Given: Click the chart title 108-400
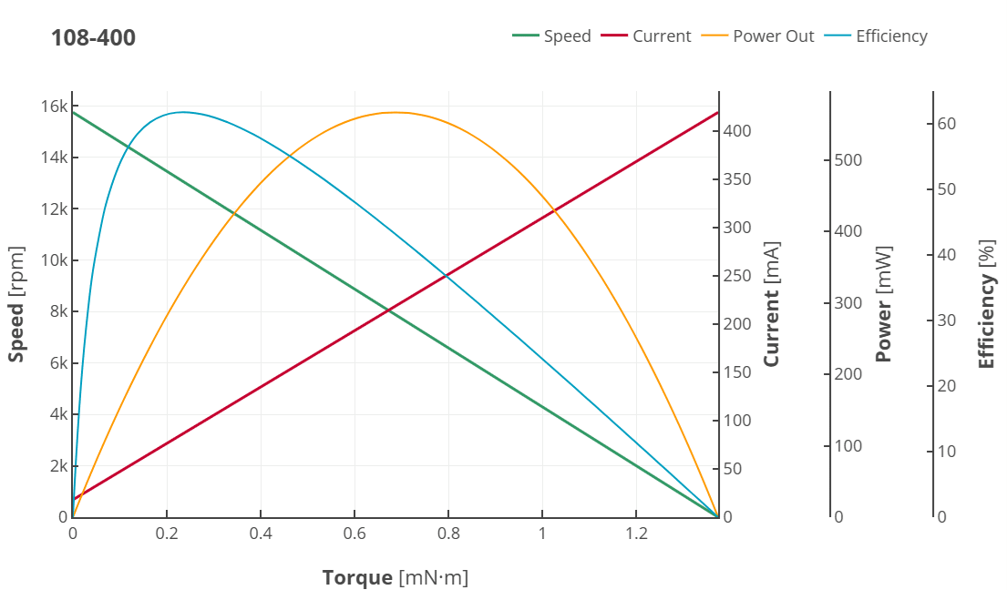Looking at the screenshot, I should click(93, 38).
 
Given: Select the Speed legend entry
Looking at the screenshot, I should click(552, 36).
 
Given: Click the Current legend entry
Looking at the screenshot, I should click(647, 36).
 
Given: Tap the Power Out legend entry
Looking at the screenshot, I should click(760, 36).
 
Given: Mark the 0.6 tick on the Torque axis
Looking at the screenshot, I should click(355, 534).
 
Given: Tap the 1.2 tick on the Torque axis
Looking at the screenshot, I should click(636, 534).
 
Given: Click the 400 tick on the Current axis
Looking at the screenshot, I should click(738, 131).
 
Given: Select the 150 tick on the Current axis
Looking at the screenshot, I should click(738, 372).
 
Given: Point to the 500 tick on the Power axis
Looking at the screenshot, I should click(848, 160).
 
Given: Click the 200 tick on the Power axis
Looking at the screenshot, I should click(848, 374).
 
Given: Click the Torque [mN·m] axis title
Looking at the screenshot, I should click(395, 577).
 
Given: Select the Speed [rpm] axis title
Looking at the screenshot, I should click(16, 304).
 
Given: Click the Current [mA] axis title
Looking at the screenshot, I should click(772, 304).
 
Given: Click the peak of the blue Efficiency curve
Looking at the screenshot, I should click(184, 112).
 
